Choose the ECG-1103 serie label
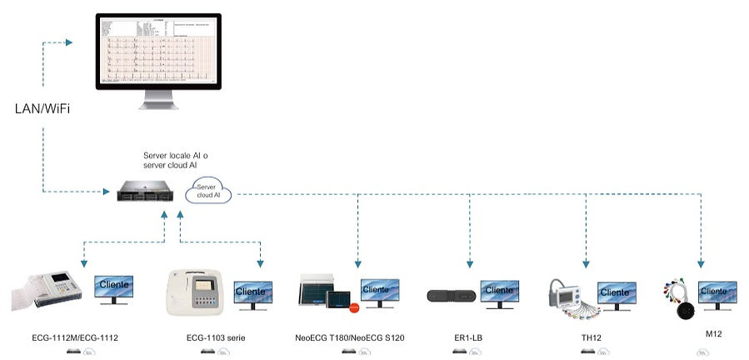click(x=216, y=337)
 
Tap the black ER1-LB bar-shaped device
click(x=451, y=296)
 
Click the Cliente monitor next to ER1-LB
click(x=500, y=292)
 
